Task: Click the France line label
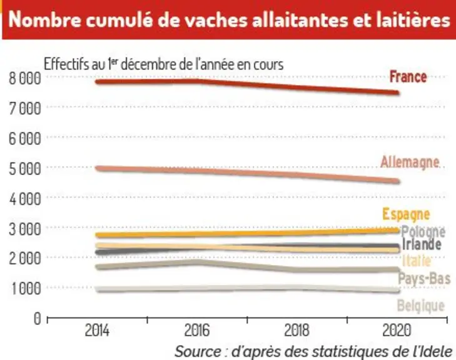pos(408,77)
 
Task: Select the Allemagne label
pos(410,162)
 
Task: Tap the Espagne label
pos(406,214)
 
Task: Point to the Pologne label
pos(423,232)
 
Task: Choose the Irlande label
pos(422,244)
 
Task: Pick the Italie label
pos(417,261)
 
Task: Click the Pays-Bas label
pos(424,278)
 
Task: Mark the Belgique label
pos(421,306)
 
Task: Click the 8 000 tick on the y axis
pos(25,79)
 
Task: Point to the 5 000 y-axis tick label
pos(25,169)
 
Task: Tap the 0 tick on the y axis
pos(38,319)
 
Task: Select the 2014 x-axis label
pos(97,331)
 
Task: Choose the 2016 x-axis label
pos(197,331)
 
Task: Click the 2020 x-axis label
pos(397,331)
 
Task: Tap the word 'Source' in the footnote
pos(198,352)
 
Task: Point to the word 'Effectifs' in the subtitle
pos(66,64)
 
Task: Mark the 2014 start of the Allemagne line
pos(98,168)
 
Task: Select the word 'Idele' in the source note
pos(437,352)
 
